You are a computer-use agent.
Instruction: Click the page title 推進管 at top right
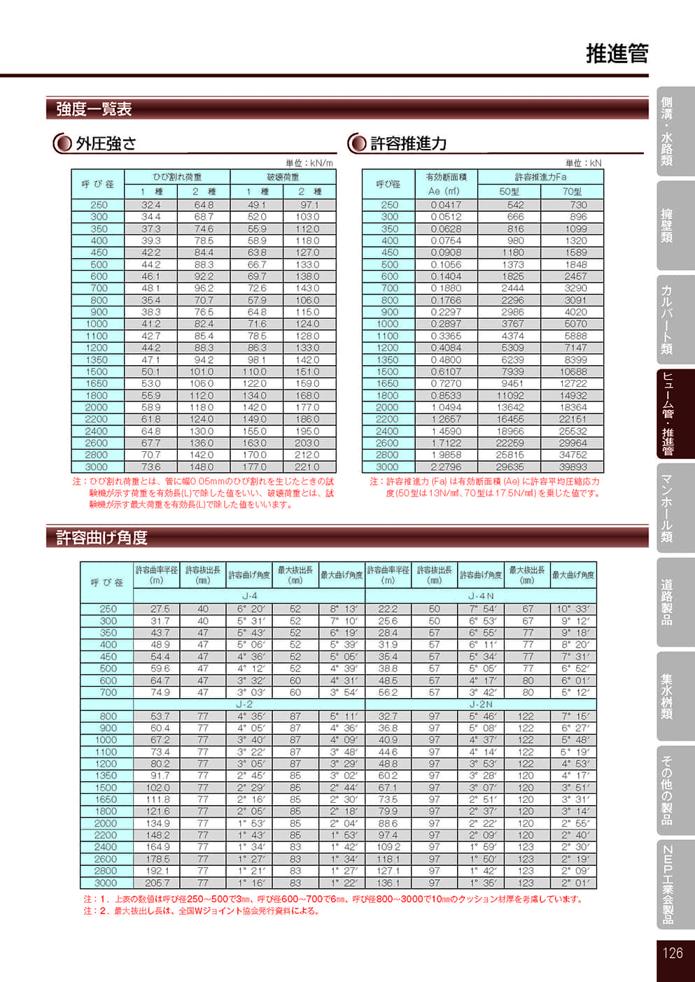pos(617,54)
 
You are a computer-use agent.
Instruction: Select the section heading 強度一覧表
pos(94,109)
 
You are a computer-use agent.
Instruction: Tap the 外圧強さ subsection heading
pos(106,143)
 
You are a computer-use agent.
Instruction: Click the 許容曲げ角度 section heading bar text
pos(101,537)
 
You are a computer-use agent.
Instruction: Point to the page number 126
pos(672,953)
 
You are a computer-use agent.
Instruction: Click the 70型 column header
pos(572,192)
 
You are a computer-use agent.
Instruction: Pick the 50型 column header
pos(509,192)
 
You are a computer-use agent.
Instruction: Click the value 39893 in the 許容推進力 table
pos(573,467)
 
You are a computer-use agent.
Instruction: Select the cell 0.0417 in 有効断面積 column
pos(446,205)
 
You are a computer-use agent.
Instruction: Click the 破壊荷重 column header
pos(283,177)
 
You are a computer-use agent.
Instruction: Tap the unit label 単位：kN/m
pos(309,163)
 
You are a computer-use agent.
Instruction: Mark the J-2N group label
pos(481,704)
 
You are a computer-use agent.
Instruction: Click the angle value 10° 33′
pos(573,609)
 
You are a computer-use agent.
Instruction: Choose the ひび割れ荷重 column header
pos(177,177)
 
